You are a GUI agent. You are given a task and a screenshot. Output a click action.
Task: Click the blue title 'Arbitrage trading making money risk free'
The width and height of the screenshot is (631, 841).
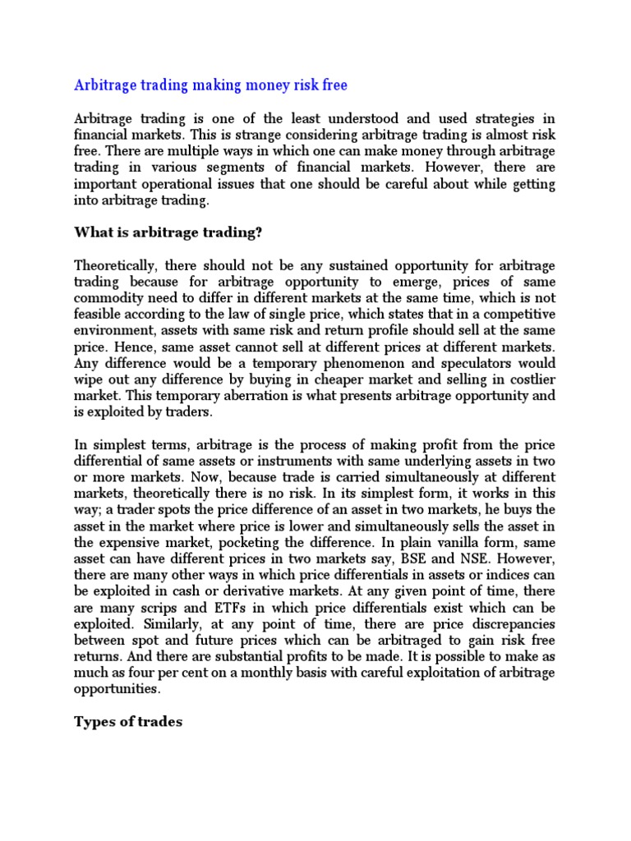click(x=210, y=85)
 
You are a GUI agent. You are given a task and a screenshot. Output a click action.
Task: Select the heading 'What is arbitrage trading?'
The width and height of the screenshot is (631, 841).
click(x=168, y=233)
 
